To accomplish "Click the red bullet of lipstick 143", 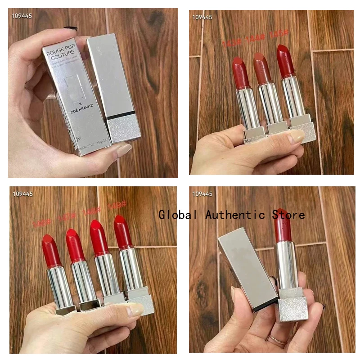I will pyautogui.click(x=241, y=73).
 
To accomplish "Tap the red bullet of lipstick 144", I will pyautogui.click(x=261, y=67).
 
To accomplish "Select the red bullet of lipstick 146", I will pyautogui.click(x=51, y=251).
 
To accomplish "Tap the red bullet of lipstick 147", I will pyautogui.click(x=75, y=245).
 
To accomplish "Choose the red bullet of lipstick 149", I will pyautogui.click(x=122, y=232).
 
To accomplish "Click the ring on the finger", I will pyautogui.click(x=276, y=341).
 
